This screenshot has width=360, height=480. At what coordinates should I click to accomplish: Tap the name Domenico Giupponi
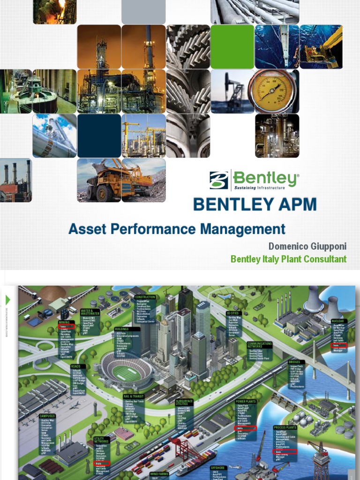click(x=307, y=246)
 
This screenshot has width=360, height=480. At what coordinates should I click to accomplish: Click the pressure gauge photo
click(x=273, y=91)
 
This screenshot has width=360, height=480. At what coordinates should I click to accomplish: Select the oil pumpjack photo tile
click(x=232, y=91)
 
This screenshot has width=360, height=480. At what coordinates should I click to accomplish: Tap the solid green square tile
click(x=232, y=46)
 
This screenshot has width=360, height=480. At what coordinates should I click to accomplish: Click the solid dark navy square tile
click(x=99, y=135)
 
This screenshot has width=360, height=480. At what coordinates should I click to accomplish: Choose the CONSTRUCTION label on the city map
click(x=145, y=297)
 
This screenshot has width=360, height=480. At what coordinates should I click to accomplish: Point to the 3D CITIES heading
click(x=233, y=313)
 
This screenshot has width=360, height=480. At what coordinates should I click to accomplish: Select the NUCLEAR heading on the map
click(x=338, y=322)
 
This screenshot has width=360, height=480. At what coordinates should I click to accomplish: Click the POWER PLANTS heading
click(x=246, y=402)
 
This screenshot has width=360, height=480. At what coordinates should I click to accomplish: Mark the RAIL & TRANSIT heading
click(x=134, y=396)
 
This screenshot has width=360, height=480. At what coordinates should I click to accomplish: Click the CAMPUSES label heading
click(x=48, y=416)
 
